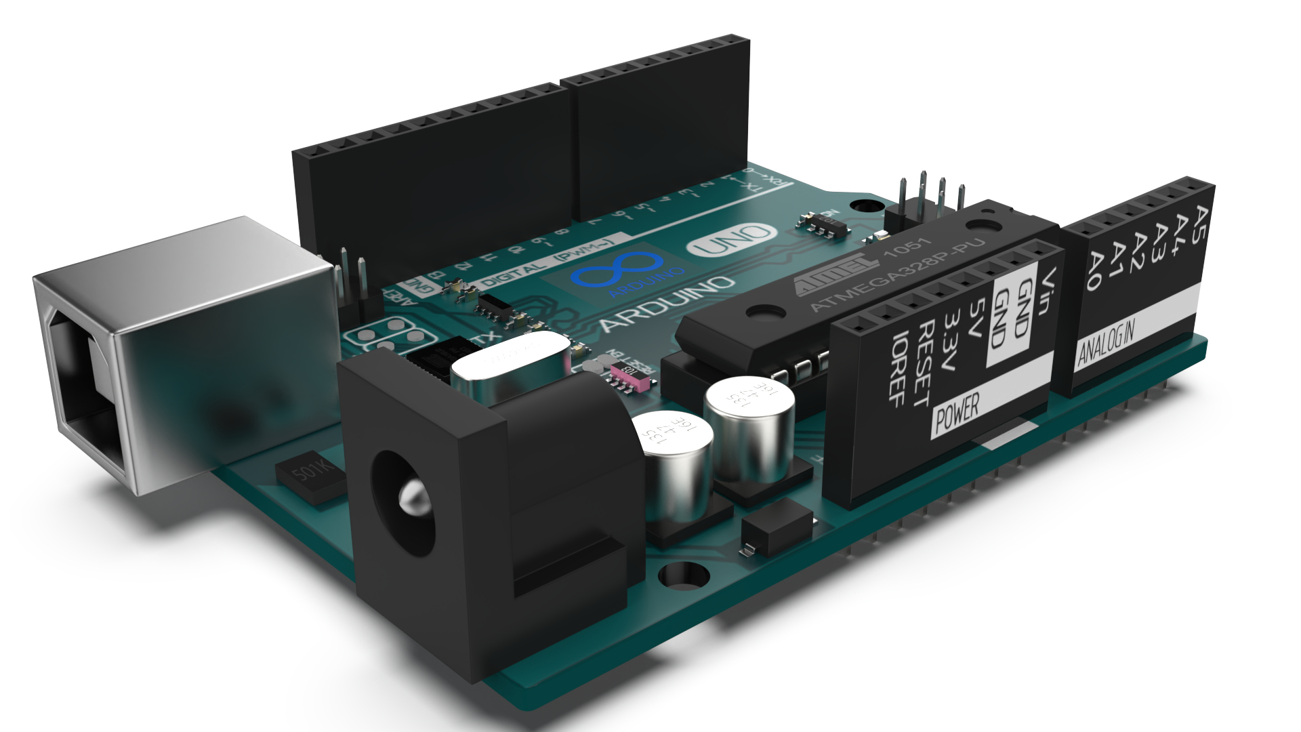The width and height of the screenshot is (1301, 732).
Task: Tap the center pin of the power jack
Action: [x=411, y=498]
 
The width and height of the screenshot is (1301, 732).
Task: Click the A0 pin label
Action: [x=1092, y=270]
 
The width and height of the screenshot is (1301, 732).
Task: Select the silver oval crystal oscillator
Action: [x=508, y=359]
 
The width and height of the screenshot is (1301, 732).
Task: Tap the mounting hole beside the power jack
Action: [x=683, y=575]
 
